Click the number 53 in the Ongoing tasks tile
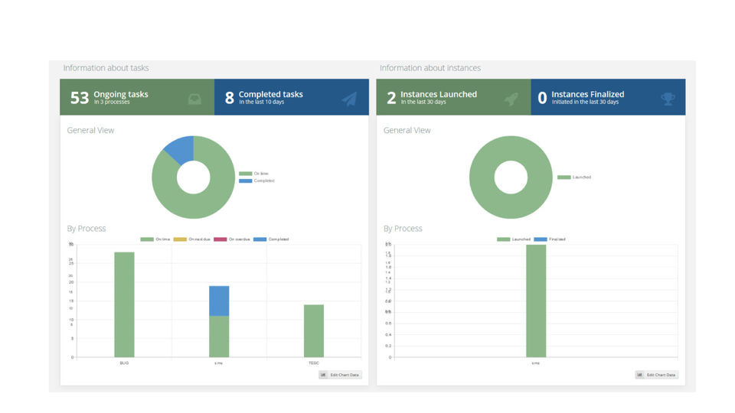(x=80, y=97)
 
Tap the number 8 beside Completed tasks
(x=229, y=97)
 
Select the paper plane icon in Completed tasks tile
(x=349, y=99)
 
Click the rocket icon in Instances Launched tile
(x=511, y=99)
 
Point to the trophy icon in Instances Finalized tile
(x=668, y=99)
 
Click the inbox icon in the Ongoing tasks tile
(x=194, y=99)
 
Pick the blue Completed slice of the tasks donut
(x=180, y=148)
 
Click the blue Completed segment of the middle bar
(x=219, y=301)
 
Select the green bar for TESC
(x=314, y=330)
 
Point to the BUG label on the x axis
(x=124, y=363)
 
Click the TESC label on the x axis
(x=314, y=363)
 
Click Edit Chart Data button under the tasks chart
(x=340, y=375)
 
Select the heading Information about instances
(x=430, y=68)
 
